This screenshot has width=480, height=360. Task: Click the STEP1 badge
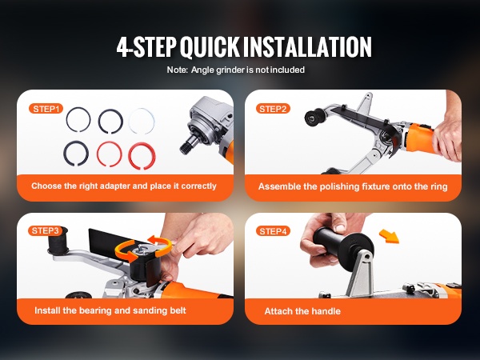tap(46, 109)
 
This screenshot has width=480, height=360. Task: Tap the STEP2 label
tap(273, 109)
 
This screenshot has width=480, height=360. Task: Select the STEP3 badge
tap(45, 230)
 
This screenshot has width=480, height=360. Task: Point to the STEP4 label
tap(273, 231)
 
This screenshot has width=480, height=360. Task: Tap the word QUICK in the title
tap(210, 46)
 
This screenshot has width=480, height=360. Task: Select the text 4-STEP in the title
tap(146, 46)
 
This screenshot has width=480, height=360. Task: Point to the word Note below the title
tap(177, 70)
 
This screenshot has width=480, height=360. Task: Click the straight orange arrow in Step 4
tap(389, 236)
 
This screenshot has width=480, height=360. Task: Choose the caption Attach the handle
tap(302, 311)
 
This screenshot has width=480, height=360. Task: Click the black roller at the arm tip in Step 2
tap(314, 118)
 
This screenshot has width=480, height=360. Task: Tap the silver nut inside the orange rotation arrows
tap(142, 248)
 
